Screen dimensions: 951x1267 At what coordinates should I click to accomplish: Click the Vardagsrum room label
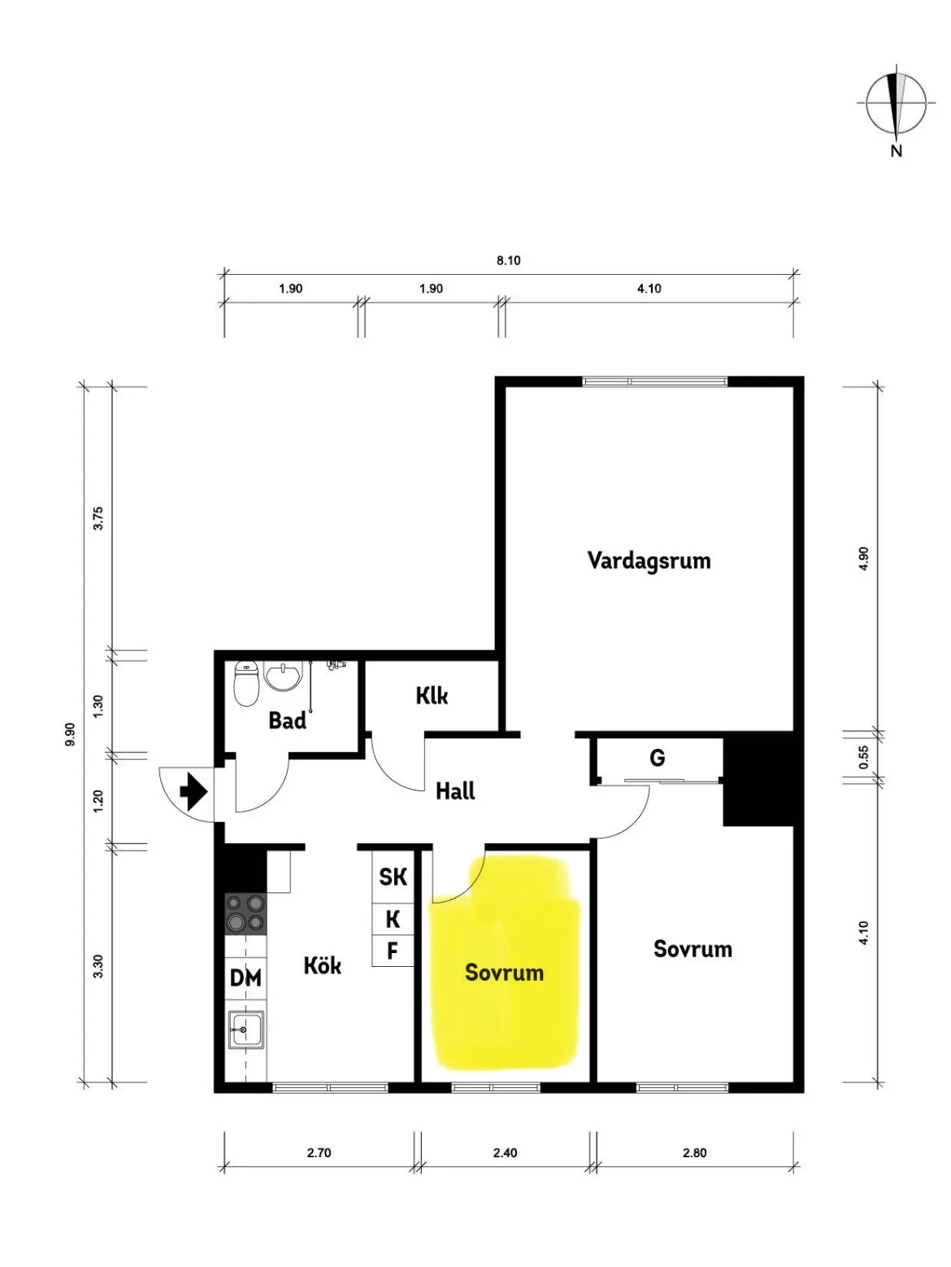tap(649, 560)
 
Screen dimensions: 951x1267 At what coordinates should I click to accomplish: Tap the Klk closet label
tap(432, 695)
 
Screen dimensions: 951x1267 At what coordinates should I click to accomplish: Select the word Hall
tap(455, 790)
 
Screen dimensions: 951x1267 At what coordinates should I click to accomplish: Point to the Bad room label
tap(287, 721)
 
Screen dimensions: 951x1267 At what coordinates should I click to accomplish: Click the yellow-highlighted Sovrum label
tap(504, 973)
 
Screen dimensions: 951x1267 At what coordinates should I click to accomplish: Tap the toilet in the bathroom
tap(247, 684)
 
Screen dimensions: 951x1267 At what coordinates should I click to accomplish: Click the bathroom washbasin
tap(283, 675)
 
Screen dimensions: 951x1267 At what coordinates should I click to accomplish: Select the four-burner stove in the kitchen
tap(246, 914)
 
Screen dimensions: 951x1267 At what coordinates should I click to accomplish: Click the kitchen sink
tap(246, 1030)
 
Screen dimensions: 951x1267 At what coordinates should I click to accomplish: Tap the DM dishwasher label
tap(245, 978)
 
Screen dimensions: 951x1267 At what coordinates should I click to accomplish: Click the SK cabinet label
tap(393, 877)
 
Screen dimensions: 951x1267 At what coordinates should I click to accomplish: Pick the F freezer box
tap(393, 951)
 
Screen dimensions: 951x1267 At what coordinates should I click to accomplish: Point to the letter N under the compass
tap(897, 151)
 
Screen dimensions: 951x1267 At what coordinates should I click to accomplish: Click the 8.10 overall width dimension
tap(509, 260)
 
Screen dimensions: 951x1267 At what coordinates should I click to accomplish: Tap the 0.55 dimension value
tap(863, 757)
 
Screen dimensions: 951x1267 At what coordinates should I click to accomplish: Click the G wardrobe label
tap(658, 757)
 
